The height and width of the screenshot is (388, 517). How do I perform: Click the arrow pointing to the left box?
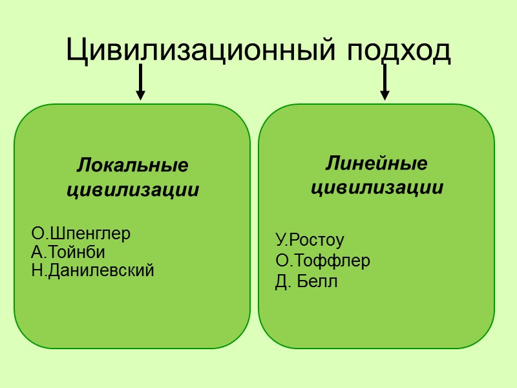pos(140,82)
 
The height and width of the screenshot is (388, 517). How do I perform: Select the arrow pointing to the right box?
pos(385,82)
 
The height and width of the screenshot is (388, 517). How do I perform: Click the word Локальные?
pos(132,166)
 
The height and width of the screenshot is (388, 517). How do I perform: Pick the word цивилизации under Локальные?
pos(132,191)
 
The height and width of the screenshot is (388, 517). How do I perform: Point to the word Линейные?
pos(376,163)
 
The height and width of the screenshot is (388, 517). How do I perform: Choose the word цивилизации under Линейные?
pos(377,188)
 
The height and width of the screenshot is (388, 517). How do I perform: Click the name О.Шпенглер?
pos(81,233)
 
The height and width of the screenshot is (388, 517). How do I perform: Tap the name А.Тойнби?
pos(68,252)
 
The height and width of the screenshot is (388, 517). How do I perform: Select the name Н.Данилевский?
pos(92,270)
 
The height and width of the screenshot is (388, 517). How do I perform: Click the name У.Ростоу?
pos(310,241)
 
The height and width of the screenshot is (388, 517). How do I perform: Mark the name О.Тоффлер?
pos(322,261)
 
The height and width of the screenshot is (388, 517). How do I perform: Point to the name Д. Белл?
pos(306,282)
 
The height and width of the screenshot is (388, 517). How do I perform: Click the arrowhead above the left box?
pos(140,96)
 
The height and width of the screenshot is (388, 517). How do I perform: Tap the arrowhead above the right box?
pos(385,96)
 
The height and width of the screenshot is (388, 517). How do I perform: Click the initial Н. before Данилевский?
pos(37,270)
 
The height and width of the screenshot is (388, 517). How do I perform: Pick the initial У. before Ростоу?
pos(281,241)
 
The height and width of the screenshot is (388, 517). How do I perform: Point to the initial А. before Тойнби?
pos(37,252)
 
